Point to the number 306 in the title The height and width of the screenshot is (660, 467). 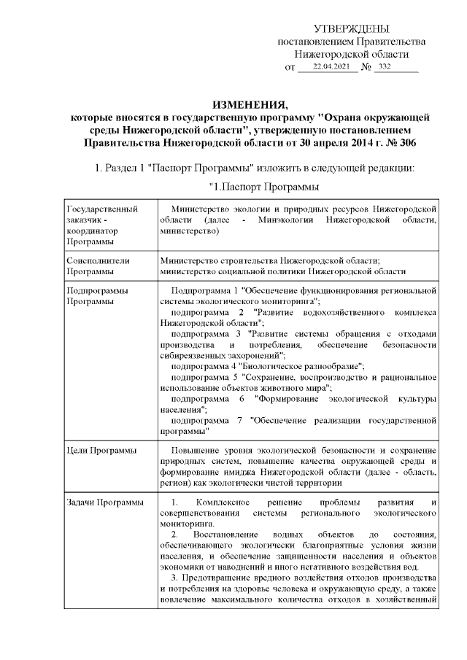(x=404, y=144)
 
